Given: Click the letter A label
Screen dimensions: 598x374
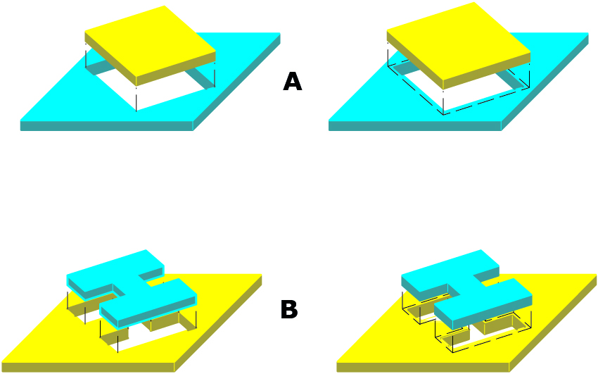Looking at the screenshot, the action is (293, 82).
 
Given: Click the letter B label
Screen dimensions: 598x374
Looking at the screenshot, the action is (289, 309).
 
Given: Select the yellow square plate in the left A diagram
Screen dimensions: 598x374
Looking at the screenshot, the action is (150, 45).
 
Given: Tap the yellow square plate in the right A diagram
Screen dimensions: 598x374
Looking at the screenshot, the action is (459, 45).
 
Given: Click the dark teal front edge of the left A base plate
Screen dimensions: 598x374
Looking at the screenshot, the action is (106, 125).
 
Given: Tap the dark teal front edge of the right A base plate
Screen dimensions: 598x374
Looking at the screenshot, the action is (414, 125).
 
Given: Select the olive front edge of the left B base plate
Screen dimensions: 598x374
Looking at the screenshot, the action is (88, 367).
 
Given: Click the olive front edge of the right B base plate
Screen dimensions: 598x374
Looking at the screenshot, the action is (423, 367).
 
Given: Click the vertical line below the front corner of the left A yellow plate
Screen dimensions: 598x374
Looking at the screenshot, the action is (136, 99).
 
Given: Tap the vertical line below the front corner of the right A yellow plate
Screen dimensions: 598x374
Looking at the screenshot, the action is (443, 101).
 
